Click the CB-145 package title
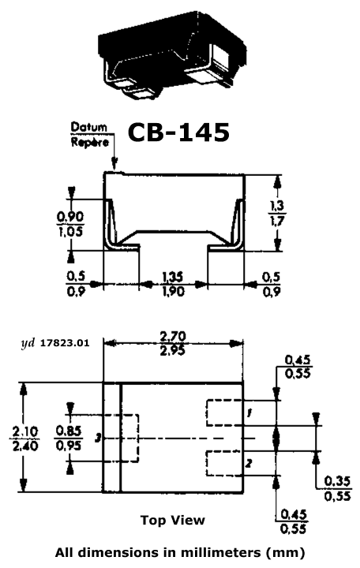click(x=178, y=133)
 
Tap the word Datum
click(x=89, y=128)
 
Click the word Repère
click(x=89, y=142)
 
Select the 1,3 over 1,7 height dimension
click(x=277, y=214)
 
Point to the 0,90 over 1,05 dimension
click(x=70, y=224)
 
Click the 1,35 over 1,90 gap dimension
click(x=173, y=284)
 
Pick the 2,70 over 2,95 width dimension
click(x=173, y=343)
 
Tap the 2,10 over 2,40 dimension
click(x=25, y=439)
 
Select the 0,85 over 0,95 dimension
click(x=69, y=438)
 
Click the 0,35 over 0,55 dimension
click(x=338, y=488)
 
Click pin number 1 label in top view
click(x=249, y=413)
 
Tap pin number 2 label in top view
click(x=249, y=463)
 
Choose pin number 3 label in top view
click(x=98, y=439)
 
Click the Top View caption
click(x=173, y=520)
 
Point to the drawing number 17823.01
click(x=64, y=342)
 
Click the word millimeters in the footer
click(x=220, y=553)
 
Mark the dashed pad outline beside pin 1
click(x=207, y=413)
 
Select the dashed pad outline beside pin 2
click(x=207, y=463)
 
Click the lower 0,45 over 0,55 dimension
click(x=294, y=521)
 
